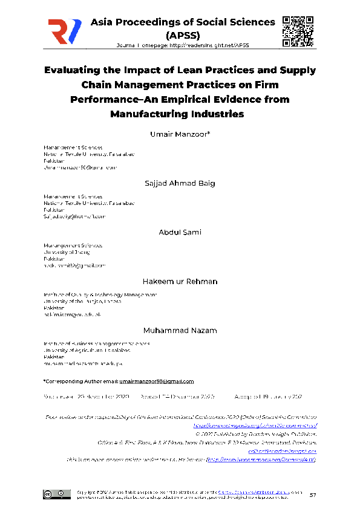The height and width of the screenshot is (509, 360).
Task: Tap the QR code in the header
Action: [297, 30]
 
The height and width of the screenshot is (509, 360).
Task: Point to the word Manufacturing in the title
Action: [146, 113]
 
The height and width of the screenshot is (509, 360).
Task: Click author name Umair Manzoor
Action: [180, 134]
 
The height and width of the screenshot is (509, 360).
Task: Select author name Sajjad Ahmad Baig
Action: [180, 183]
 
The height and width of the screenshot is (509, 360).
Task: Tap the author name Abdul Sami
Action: [180, 232]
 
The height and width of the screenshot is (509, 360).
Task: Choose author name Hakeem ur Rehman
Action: [180, 281]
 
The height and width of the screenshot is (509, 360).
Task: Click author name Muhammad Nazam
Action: [180, 330]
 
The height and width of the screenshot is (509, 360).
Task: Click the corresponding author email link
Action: [156, 381]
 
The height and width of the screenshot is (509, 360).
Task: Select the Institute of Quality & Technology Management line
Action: [99, 294]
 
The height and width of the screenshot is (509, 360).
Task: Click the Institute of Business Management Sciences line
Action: [96, 343]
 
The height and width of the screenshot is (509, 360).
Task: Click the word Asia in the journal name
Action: [102, 22]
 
